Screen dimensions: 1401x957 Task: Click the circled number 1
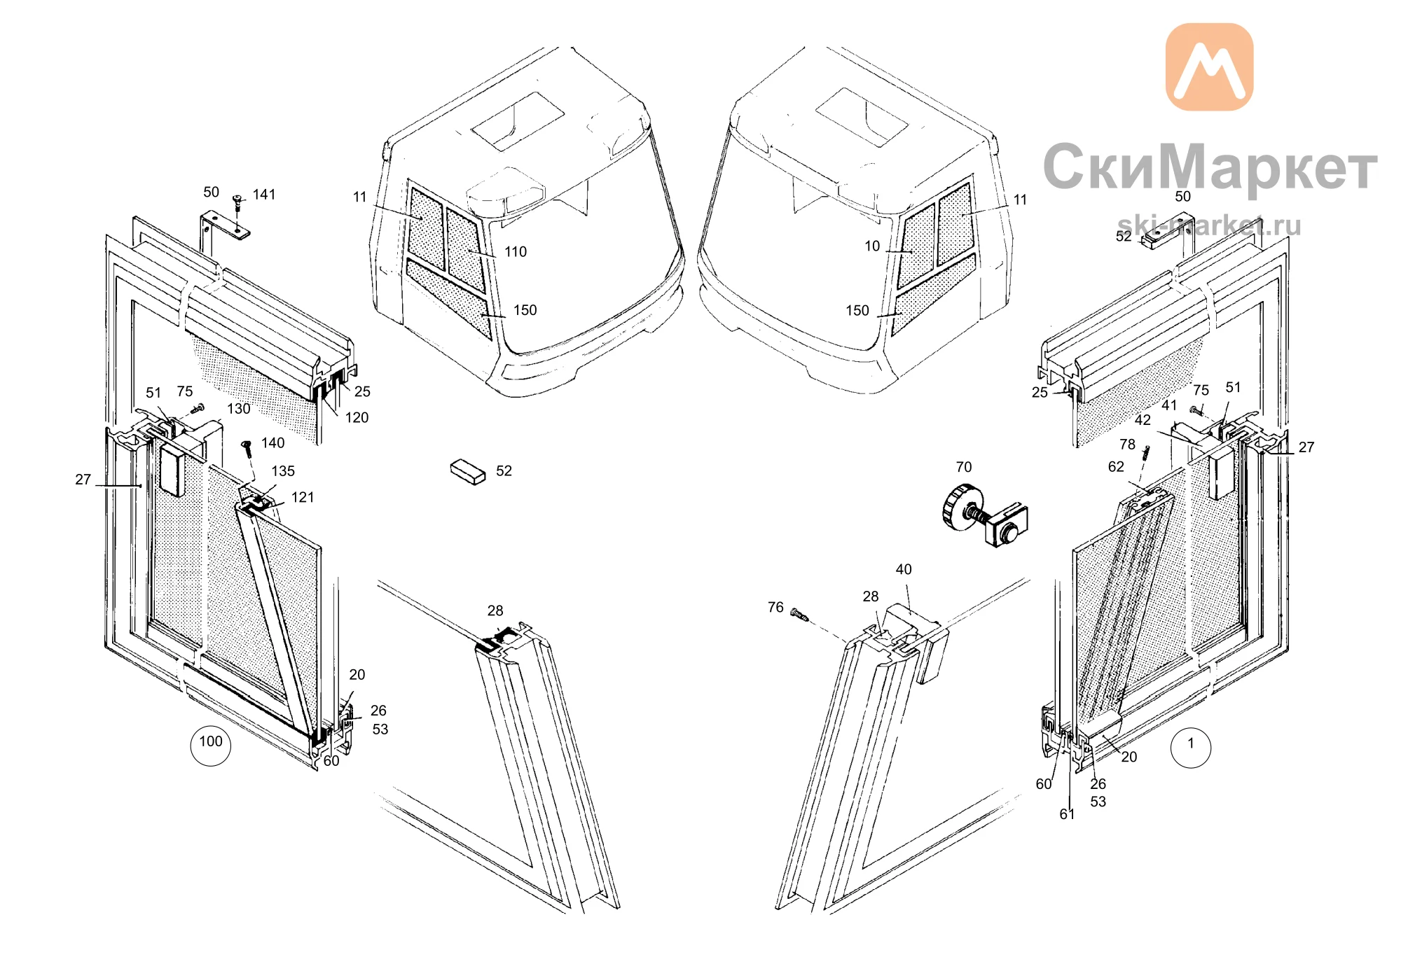pyautogui.click(x=1191, y=747)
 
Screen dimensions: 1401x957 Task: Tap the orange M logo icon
pyautogui.click(x=1209, y=67)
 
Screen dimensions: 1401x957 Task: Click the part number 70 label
pyautogui.click(x=964, y=467)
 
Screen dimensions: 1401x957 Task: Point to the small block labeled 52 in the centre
pyautogui.click(x=468, y=472)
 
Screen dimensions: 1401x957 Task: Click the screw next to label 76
pyautogui.click(x=799, y=615)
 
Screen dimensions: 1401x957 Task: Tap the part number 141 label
pyautogui.click(x=264, y=195)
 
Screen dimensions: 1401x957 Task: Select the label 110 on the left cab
pyautogui.click(x=516, y=252)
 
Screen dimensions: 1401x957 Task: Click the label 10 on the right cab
pyautogui.click(x=872, y=246)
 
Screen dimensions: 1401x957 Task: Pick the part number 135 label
pyautogui.click(x=283, y=472)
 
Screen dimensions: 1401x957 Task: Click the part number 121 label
pyautogui.click(x=303, y=498)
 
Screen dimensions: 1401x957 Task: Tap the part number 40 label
pyautogui.click(x=904, y=570)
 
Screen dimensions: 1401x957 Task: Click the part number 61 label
pyautogui.click(x=1067, y=814)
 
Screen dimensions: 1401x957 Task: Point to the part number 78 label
pyautogui.click(x=1127, y=445)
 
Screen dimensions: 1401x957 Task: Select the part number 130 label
pyautogui.click(x=238, y=409)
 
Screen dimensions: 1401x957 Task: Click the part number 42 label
pyautogui.click(x=1143, y=421)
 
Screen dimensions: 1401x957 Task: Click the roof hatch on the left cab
pyautogui.click(x=518, y=121)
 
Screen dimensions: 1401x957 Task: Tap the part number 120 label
pyautogui.click(x=357, y=418)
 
